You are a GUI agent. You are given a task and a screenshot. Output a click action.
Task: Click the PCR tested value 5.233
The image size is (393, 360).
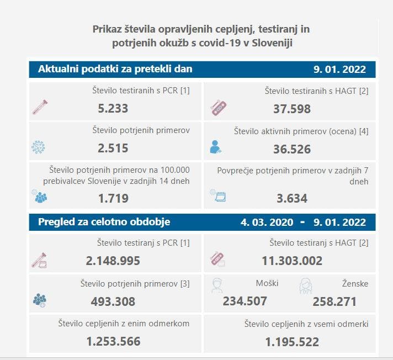(x=113, y=109)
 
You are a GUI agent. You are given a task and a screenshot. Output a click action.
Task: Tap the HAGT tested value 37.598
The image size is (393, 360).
(x=292, y=109)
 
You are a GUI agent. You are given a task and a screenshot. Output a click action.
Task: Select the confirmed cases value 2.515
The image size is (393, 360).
(x=113, y=149)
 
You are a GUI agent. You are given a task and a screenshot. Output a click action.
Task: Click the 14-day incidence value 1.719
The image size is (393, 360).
(x=113, y=198)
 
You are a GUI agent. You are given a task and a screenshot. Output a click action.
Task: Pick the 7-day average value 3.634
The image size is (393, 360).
(x=292, y=198)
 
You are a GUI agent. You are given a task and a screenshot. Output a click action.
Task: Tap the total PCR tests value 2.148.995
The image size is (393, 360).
(x=113, y=261)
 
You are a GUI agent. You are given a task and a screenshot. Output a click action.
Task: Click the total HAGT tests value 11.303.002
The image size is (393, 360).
(x=292, y=261)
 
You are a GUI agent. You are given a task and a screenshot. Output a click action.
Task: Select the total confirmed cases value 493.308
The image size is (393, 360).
(x=113, y=301)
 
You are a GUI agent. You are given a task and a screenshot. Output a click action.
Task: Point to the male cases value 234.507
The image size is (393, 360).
(x=245, y=301)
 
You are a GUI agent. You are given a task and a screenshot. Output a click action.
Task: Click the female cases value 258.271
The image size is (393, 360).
(x=334, y=301)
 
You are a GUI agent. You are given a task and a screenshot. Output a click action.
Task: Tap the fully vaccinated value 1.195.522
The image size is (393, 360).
(x=292, y=342)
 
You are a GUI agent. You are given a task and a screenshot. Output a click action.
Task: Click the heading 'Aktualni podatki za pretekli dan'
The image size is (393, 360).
(x=115, y=69)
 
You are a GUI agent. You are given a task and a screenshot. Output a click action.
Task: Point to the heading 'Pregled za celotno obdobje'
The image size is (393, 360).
(x=104, y=222)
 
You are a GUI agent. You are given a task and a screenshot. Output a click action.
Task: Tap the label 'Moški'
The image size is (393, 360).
(x=267, y=283)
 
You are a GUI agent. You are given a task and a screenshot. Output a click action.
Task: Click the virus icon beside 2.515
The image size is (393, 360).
(x=38, y=147)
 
